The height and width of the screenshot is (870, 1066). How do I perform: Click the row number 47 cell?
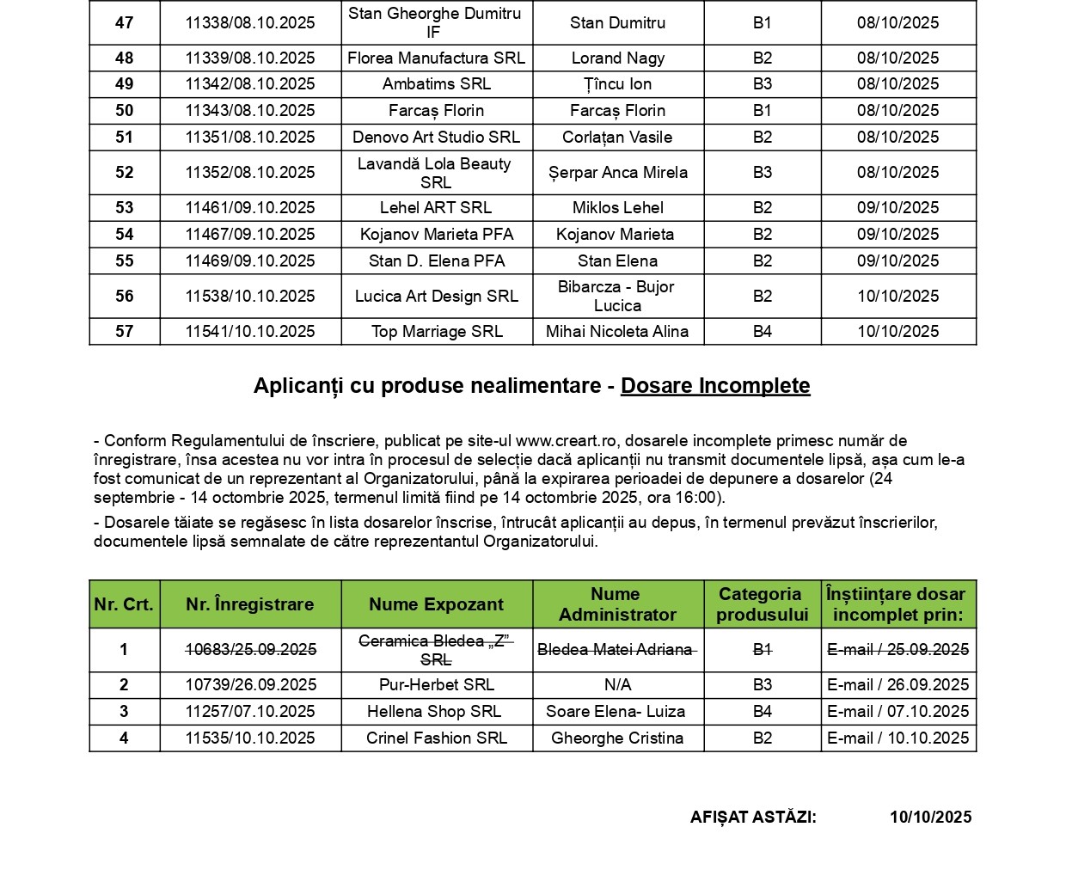click(125, 23)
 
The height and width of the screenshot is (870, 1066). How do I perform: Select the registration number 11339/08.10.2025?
click(250, 58)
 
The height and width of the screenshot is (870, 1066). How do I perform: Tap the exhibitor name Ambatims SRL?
click(437, 84)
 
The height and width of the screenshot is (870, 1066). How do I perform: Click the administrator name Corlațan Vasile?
click(617, 138)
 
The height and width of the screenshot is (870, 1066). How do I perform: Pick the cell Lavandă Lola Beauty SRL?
click(436, 173)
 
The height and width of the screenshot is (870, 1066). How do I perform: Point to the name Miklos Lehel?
click(617, 208)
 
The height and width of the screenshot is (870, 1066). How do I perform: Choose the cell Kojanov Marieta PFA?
click(437, 235)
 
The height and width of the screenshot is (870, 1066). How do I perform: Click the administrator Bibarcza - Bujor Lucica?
click(617, 297)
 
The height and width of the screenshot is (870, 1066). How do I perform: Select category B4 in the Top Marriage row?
click(763, 332)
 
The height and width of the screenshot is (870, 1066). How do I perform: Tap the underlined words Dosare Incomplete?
click(715, 386)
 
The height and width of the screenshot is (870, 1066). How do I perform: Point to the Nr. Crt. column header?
click(124, 604)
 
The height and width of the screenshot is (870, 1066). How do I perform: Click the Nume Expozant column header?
click(437, 604)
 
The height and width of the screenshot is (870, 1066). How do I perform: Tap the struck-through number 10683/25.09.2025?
click(250, 650)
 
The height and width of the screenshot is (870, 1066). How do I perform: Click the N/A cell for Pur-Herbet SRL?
click(617, 685)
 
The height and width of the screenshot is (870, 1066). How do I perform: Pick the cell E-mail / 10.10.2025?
click(898, 738)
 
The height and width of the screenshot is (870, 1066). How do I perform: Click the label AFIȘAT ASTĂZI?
click(753, 818)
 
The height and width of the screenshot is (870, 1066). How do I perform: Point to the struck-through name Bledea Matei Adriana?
click(615, 650)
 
